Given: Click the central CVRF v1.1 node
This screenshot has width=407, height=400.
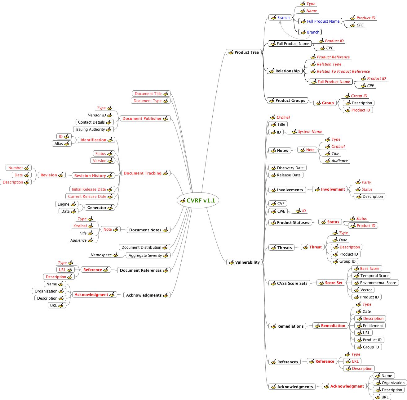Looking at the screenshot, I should click(x=198, y=201).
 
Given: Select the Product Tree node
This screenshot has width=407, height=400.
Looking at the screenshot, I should click(x=244, y=52).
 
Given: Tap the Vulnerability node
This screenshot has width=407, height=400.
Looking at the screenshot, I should click(x=244, y=262).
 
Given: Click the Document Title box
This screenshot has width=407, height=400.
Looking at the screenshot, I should click(x=151, y=94).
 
